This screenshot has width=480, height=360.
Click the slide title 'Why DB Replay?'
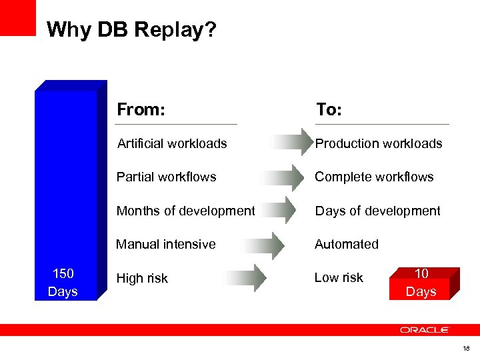(x=132, y=30)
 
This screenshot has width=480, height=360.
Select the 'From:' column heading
(x=141, y=109)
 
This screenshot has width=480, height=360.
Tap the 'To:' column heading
(x=329, y=109)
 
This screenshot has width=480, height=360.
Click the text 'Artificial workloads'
(x=172, y=143)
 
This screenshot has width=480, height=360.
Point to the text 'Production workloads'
(x=378, y=143)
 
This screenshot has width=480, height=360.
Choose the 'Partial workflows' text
(x=167, y=177)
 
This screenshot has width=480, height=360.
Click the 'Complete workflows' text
(x=374, y=177)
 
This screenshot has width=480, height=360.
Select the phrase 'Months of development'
(x=185, y=211)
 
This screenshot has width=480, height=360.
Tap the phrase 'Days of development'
(x=377, y=211)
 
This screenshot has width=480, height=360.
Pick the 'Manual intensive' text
(x=166, y=244)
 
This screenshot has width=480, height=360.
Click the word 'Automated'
(x=347, y=244)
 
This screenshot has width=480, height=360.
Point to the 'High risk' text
(x=142, y=278)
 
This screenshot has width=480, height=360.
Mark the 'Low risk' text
(x=339, y=277)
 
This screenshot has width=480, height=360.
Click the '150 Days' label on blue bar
(x=63, y=283)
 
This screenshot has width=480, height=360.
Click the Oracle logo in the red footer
(x=425, y=330)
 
